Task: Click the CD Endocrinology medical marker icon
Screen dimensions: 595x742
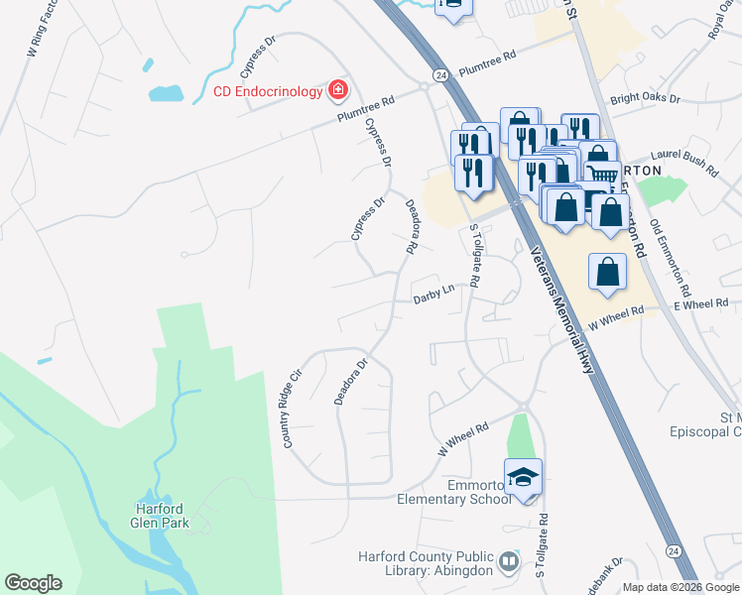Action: click(x=338, y=91)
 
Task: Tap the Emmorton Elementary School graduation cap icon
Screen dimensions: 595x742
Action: click(x=523, y=477)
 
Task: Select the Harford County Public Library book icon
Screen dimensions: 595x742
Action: click(x=509, y=562)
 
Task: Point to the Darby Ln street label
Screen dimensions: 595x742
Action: click(x=433, y=295)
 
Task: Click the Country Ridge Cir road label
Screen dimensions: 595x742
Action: click(x=293, y=408)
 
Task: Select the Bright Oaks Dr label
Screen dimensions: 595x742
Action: click(x=645, y=99)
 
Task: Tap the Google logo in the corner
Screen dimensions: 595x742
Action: click(x=33, y=583)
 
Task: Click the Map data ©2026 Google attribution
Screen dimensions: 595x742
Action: click(x=680, y=587)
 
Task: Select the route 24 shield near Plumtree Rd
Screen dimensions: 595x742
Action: click(x=438, y=74)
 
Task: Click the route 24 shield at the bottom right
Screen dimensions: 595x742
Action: click(x=674, y=550)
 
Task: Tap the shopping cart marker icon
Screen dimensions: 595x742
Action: click(x=602, y=175)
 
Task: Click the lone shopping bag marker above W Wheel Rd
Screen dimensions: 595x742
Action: click(x=607, y=271)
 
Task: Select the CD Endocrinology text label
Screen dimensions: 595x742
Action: click(x=268, y=92)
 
